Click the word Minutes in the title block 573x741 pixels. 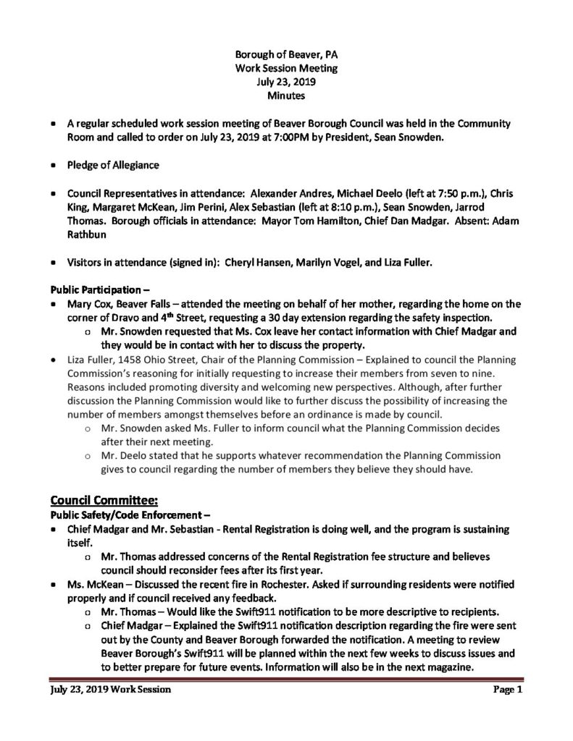[285, 95]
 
